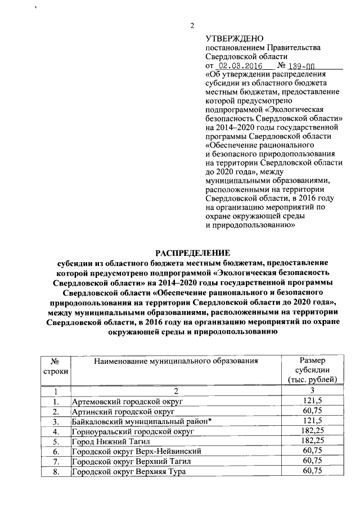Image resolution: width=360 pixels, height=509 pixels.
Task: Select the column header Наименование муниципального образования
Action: (175, 361)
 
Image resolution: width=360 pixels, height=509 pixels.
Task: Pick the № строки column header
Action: (56, 366)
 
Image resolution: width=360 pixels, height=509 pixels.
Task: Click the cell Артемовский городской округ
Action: (128, 401)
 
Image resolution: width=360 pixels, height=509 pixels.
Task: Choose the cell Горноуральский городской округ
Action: (132, 431)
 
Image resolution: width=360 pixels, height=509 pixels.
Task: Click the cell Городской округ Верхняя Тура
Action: (128, 471)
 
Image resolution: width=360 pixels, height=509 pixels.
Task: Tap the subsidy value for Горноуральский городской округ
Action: (312, 431)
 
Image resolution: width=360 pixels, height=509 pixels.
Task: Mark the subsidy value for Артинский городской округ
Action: (312, 411)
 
